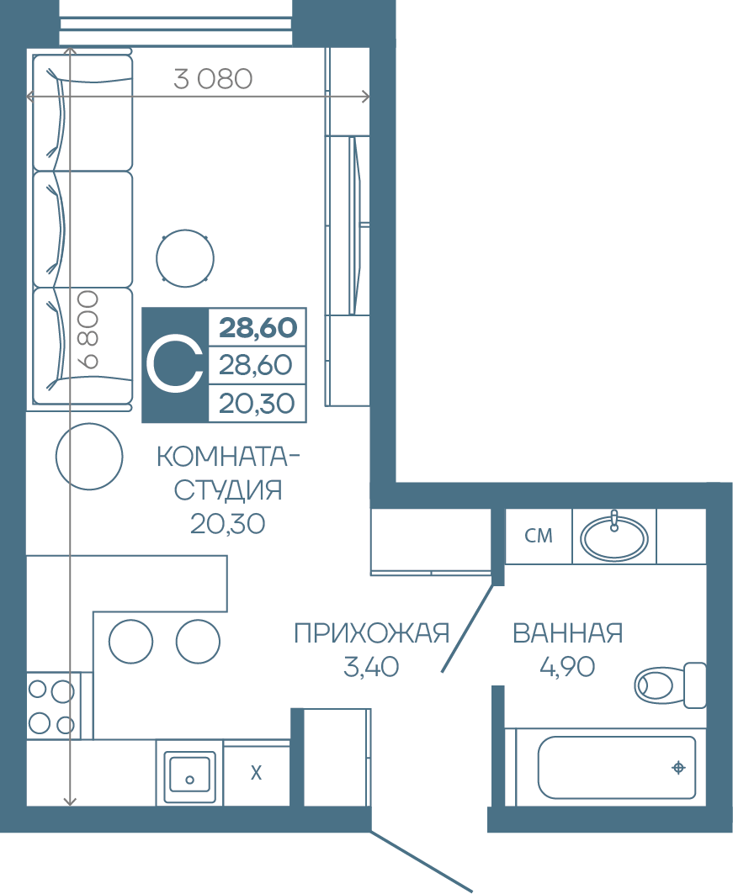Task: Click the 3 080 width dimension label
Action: point(213,79)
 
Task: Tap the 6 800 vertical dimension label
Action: point(88,330)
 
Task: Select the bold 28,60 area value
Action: point(258,328)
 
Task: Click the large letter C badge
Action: point(175,365)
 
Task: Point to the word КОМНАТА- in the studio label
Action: point(228,457)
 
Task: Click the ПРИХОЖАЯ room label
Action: point(372,633)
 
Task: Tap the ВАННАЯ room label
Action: point(567,633)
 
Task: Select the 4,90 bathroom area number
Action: point(567,667)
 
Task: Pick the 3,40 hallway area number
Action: point(371,667)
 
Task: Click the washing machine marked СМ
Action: point(539,536)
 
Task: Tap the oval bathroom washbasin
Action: point(614,537)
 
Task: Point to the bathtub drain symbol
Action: point(678,767)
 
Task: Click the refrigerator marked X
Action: point(257,773)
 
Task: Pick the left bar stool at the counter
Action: point(131,642)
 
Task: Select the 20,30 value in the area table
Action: point(257,404)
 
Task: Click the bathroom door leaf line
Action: point(467,628)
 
